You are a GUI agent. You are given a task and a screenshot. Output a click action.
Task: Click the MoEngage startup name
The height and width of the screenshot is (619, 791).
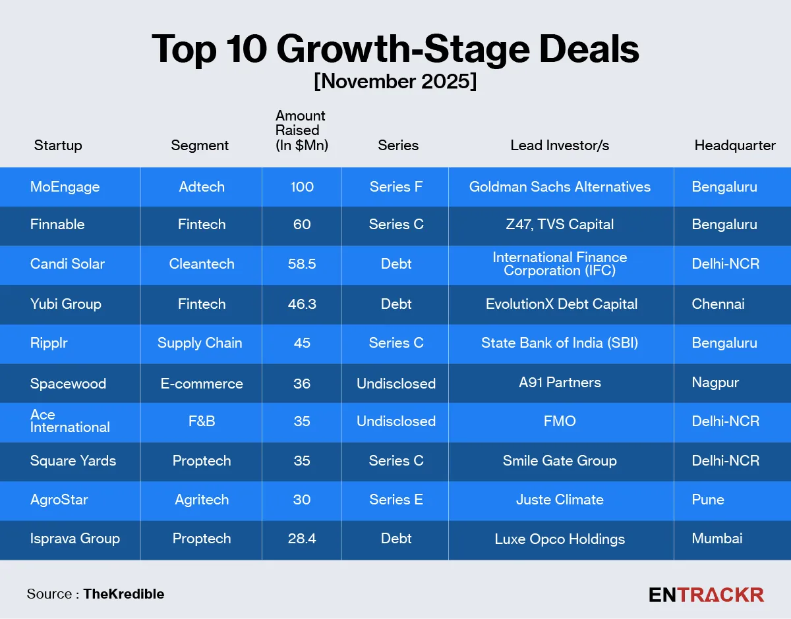coord(65,187)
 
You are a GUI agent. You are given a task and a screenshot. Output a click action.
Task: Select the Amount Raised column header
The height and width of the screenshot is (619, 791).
coord(301,130)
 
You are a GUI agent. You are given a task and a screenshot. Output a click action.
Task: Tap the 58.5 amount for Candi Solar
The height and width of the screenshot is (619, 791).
coord(302,264)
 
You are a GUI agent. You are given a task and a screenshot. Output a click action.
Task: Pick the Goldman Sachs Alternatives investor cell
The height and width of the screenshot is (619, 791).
coord(560,187)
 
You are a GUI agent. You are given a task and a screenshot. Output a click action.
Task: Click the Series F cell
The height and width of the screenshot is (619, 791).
coord(395,187)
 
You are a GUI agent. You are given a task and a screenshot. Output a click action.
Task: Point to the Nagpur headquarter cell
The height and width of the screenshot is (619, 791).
coord(715,383)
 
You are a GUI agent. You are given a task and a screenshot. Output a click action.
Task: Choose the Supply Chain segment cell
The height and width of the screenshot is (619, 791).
coord(200,343)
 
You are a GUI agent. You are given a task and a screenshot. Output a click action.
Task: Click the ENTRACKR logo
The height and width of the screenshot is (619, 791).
coord(706,595)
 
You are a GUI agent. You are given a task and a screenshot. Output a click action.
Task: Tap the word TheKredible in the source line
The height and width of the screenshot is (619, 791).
coord(123,594)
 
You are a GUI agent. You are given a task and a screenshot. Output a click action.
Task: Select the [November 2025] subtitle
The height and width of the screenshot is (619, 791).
coord(395,82)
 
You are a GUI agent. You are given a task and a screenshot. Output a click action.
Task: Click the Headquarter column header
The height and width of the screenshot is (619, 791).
coord(735,146)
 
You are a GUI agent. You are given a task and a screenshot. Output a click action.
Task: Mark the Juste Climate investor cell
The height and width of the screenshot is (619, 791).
coord(560,500)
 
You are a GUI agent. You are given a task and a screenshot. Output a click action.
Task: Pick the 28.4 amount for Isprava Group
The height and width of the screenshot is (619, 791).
coord(302,539)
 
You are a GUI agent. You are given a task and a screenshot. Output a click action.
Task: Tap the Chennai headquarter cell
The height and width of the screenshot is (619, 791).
coord(718,304)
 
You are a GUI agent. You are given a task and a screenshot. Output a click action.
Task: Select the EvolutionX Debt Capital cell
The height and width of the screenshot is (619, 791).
coord(561,304)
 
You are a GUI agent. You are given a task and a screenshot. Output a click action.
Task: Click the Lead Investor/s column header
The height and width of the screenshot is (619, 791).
coord(560,146)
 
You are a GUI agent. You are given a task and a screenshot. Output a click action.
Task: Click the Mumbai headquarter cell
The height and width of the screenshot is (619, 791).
coord(717,539)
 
